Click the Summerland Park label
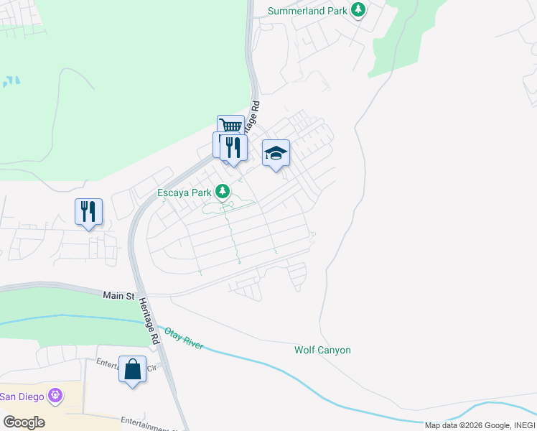(307, 11)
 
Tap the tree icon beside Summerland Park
(358, 10)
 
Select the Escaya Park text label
(185, 193)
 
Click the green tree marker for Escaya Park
(223, 192)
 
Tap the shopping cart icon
(230, 126)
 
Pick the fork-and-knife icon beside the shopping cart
(233, 147)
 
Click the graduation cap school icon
(276, 152)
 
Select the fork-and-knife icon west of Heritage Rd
(88, 211)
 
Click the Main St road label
(119, 295)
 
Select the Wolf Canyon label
(322, 350)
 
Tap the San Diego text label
(22, 396)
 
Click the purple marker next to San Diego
(55, 395)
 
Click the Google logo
(24, 422)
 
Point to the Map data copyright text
(478, 425)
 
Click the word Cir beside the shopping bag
(151, 367)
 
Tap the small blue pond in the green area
(11, 81)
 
